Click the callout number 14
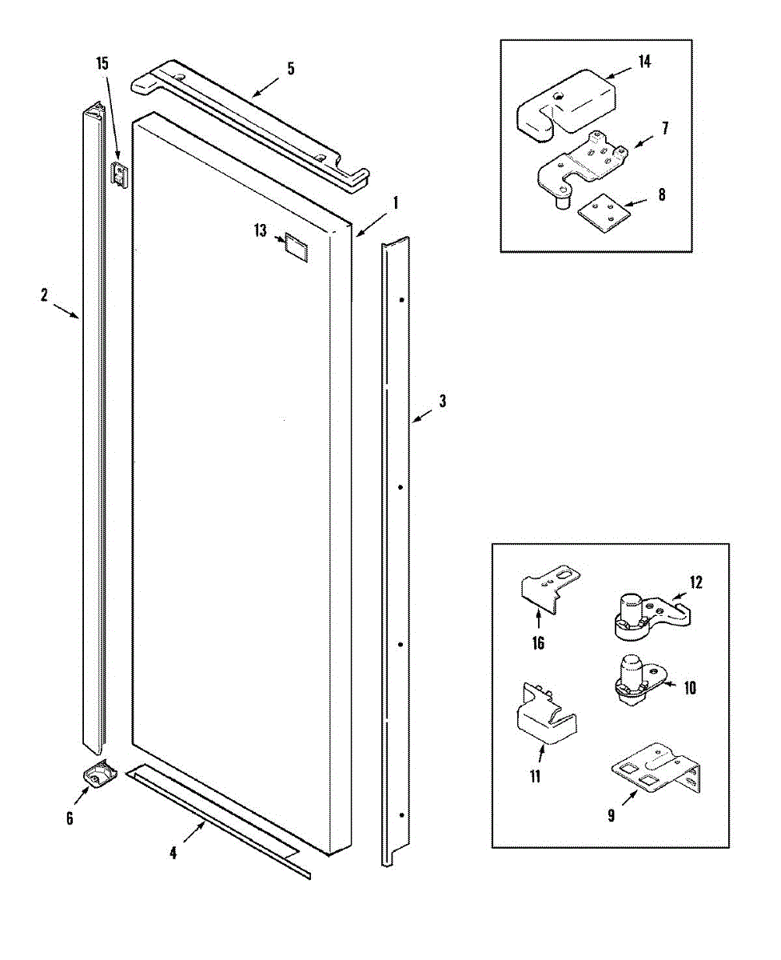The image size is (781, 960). pyautogui.click(x=644, y=62)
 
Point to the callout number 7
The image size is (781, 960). pyautogui.click(x=666, y=128)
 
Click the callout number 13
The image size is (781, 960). pyautogui.click(x=261, y=232)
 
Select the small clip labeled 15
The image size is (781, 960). pyautogui.click(x=119, y=172)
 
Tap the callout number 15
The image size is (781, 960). pyautogui.click(x=102, y=63)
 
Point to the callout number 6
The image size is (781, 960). pyautogui.click(x=70, y=818)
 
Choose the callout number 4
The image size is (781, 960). pyautogui.click(x=173, y=853)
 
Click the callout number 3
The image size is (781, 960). pyautogui.click(x=442, y=401)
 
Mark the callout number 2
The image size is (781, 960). pyautogui.click(x=45, y=295)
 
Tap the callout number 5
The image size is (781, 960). pyautogui.click(x=291, y=68)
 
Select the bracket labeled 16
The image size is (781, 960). pyautogui.click(x=549, y=589)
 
